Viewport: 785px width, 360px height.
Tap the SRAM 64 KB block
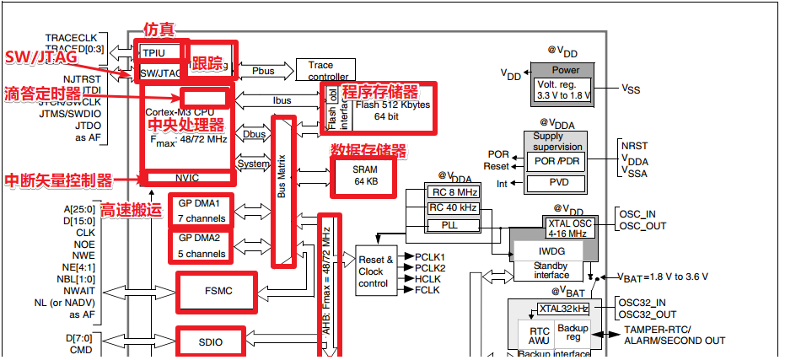pyautogui.click(x=365, y=175)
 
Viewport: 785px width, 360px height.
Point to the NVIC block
pyautogui.click(x=188, y=178)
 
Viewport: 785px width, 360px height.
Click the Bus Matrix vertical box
pyautogui.click(x=283, y=191)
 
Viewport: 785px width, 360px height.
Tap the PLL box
pyautogui.click(x=452, y=225)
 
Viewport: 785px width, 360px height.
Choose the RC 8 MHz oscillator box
pyautogui.click(x=452, y=191)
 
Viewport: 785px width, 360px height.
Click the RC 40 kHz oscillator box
pyautogui.click(x=452, y=207)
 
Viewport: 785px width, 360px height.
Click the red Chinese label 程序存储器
pyautogui.click(x=379, y=91)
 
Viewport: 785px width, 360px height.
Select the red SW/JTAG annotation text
pyautogui.click(x=41, y=58)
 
